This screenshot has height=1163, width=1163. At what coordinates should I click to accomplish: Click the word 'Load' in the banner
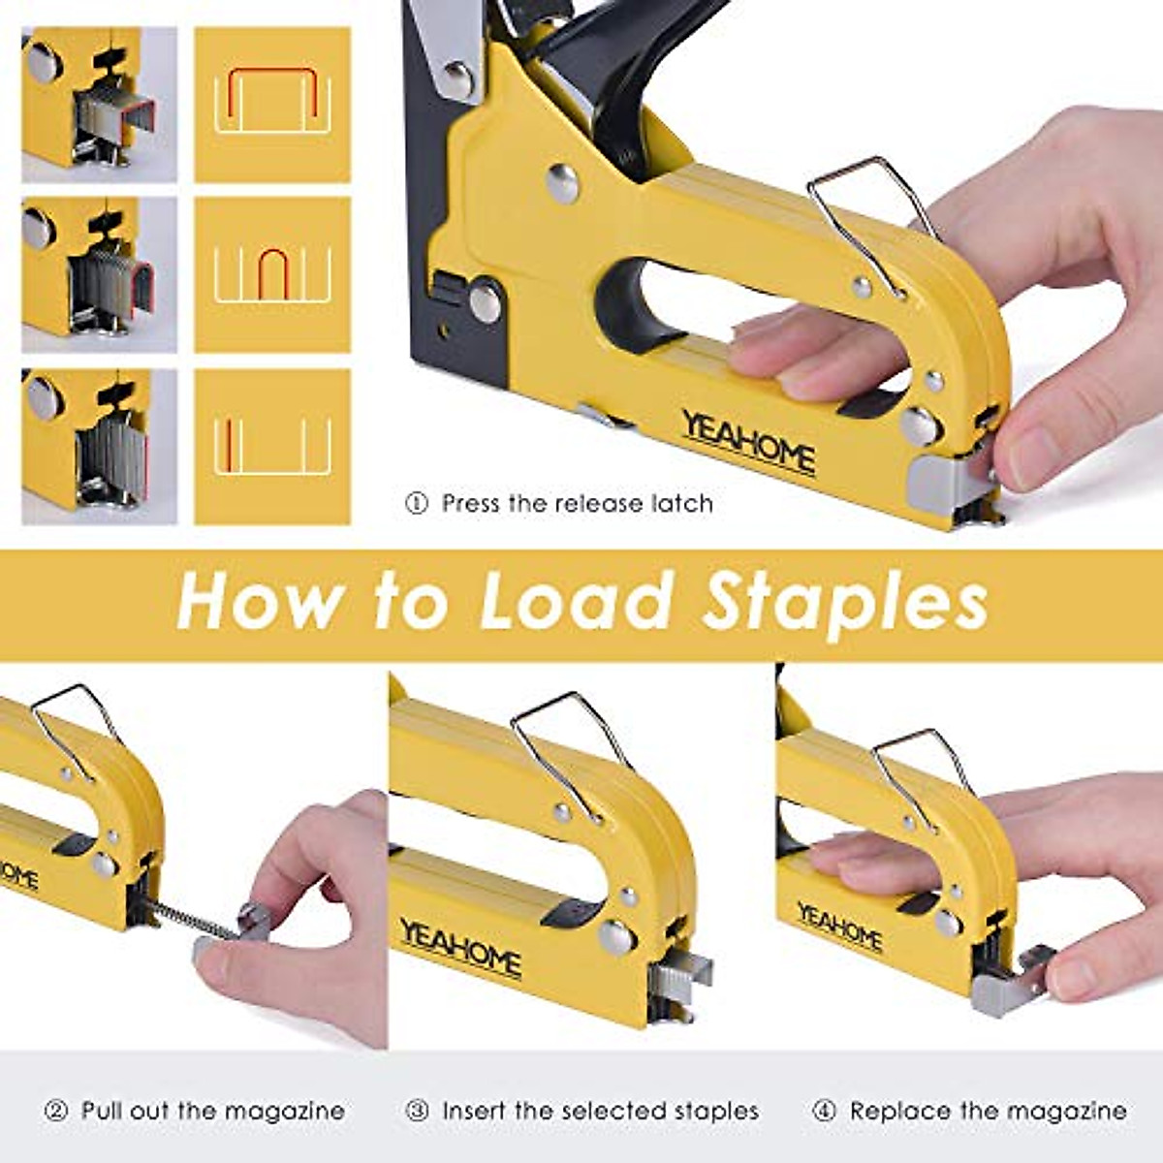tap(578, 601)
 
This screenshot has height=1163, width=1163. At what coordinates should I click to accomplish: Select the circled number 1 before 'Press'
tap(417, 504)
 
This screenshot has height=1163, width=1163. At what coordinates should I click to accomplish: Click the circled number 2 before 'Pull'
tap(56, 1111)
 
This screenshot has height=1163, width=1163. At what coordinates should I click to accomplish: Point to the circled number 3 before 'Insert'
tap(417, 1111)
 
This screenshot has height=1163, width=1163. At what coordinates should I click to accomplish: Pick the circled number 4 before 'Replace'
tap(824, 1111)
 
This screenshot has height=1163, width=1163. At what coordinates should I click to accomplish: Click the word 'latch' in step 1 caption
tap(680, 504)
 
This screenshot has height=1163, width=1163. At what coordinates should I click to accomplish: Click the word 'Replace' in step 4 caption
tap(892, 1111)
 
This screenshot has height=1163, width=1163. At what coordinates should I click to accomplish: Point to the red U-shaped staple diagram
tap(272, 274)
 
